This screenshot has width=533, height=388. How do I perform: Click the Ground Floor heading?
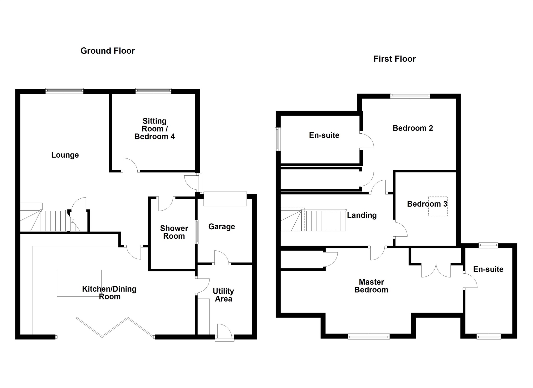(x=107, y=51)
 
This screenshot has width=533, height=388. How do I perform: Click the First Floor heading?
(x=394, y=59)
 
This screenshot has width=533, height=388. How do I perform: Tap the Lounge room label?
(x=65, y=155)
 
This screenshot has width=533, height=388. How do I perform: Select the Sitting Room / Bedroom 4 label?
(x=155, y=129)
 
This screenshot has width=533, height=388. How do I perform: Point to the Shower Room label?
(x=174, y=232)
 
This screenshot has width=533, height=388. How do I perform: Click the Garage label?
(x=221, y=227)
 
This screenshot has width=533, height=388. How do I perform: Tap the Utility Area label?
(x=223, y=295)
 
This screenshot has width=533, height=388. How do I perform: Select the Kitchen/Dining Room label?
(x=109, y=293)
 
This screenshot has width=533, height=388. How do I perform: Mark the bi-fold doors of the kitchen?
(x=115, y=327)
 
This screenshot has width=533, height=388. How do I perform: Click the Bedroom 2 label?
(x=413, y=128)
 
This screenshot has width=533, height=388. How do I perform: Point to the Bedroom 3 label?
(x=427, y=204)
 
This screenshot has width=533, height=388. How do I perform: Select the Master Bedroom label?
(x=371, y=286)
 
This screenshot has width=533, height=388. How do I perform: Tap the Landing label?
(x=362, y=215)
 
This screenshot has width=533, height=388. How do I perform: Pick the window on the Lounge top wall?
(x=64, y=91)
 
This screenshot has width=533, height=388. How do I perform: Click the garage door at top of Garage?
(x=225, y=199)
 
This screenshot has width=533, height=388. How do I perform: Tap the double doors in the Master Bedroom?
(x=436, y=270)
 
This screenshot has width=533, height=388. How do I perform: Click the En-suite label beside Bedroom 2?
(x=324, y=135)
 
